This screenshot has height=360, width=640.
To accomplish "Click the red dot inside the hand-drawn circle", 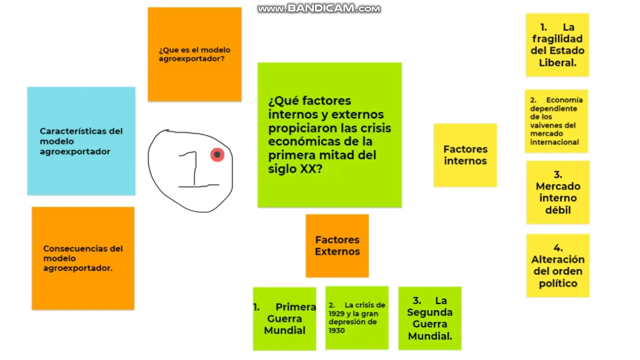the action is [217, 155].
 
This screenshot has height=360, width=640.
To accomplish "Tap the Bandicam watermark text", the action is [318, 8].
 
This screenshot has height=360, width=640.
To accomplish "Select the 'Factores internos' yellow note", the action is [465, 155].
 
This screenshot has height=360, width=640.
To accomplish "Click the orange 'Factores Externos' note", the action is [337, 245].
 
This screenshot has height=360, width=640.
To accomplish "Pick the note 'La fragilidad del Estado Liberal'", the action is [557, 45].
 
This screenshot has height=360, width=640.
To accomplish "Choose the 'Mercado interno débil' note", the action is [557, 192].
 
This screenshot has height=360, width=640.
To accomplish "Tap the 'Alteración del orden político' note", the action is [557, 265].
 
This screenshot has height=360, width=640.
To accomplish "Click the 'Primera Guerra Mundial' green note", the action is [284, 318].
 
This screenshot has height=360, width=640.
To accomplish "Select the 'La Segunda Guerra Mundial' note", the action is [429, 318].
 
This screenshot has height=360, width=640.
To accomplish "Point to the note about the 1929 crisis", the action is [356, 317].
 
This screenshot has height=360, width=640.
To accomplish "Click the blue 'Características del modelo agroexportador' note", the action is [81, 141].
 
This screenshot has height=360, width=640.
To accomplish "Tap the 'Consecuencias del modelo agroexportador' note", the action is [83, 258].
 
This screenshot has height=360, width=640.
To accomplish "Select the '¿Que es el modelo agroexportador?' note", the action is [194, 54].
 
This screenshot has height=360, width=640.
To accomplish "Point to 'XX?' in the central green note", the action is [311, 169].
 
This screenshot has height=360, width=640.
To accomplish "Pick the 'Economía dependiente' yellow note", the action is [556, 121].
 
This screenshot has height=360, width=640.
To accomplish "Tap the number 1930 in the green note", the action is [337, 330].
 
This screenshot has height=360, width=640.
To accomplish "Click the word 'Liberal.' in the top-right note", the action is [557, 62].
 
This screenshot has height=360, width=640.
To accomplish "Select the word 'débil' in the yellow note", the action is [557, 210].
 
